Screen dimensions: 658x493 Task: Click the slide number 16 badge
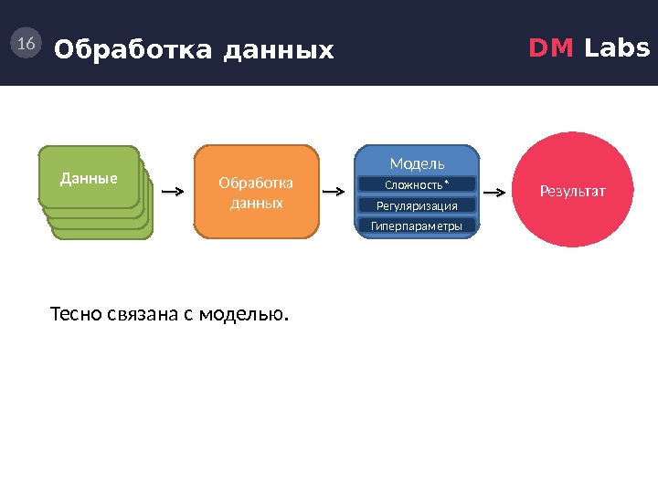point(26,43)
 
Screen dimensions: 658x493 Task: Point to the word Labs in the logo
point(617,47)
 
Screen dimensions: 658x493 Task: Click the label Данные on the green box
point(89,178)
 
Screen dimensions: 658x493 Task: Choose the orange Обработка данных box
point(257,192)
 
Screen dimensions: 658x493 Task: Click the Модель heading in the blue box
point(417,163)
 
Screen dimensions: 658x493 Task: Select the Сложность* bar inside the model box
point(417,185)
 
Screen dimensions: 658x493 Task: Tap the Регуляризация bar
point(417,205)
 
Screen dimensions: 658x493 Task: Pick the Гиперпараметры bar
point(417,226)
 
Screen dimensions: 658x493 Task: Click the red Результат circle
point(573,192)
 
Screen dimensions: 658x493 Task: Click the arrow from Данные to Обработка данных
point(172,193)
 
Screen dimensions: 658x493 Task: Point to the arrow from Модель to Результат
point(493,193)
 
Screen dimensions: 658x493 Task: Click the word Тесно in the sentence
point(69,316)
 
